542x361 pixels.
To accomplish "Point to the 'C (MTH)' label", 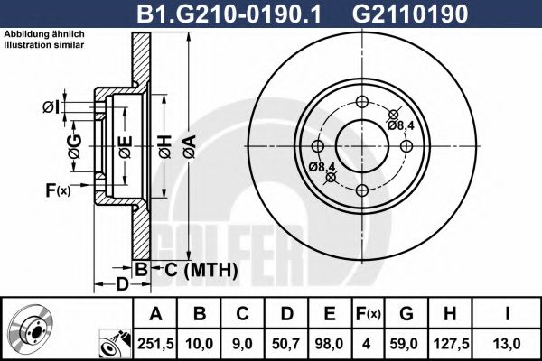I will [200, 269].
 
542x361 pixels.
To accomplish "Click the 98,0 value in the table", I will [330, 343].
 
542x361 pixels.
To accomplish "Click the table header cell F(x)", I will [366, 314].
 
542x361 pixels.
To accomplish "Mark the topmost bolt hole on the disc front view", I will [362, 101].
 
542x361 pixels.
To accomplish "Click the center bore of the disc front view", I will [362, 146].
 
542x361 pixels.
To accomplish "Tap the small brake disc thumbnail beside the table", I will [35, 328].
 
